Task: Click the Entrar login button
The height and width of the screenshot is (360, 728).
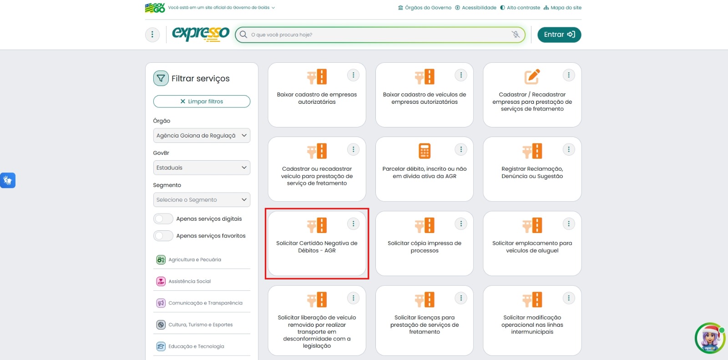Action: coord(559,35)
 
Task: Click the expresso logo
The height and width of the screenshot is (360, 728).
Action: coord(201,34)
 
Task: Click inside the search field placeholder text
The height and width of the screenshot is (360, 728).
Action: coord(282,35)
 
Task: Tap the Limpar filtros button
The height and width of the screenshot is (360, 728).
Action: coord(202,101)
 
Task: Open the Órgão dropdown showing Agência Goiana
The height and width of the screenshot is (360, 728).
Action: coord(202,136)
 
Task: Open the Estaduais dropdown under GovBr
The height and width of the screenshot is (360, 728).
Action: coord(202,167)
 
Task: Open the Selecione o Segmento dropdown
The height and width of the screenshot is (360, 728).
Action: coord(202,200)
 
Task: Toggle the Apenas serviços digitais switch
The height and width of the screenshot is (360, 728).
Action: coord(163,219)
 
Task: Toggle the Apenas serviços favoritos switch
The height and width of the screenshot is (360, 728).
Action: coord(163,236)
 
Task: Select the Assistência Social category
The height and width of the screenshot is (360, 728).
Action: coord(189,281)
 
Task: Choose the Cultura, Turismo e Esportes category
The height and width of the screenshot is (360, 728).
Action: coord(200,325)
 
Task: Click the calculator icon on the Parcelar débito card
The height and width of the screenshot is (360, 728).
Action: coord(425,151)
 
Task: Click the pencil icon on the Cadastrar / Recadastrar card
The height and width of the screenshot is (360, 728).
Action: coord(532,76)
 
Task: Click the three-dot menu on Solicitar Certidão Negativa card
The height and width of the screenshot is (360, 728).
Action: coord(353,223)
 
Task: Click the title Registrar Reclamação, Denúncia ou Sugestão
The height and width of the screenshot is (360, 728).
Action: coord(532,172)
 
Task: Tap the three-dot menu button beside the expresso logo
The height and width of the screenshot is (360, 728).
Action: coord(152,35)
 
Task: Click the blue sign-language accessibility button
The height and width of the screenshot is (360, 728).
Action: coord(8,180)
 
